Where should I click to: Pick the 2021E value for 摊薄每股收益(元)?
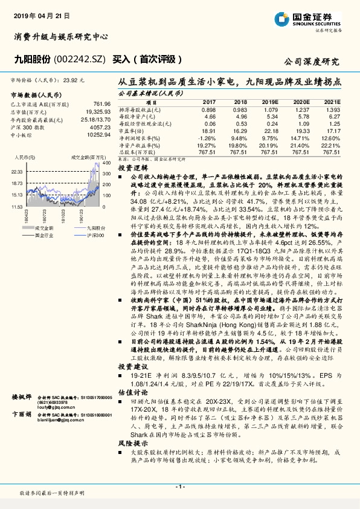(332, 111)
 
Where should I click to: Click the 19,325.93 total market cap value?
(97, 112)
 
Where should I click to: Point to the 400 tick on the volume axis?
(106, 163)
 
